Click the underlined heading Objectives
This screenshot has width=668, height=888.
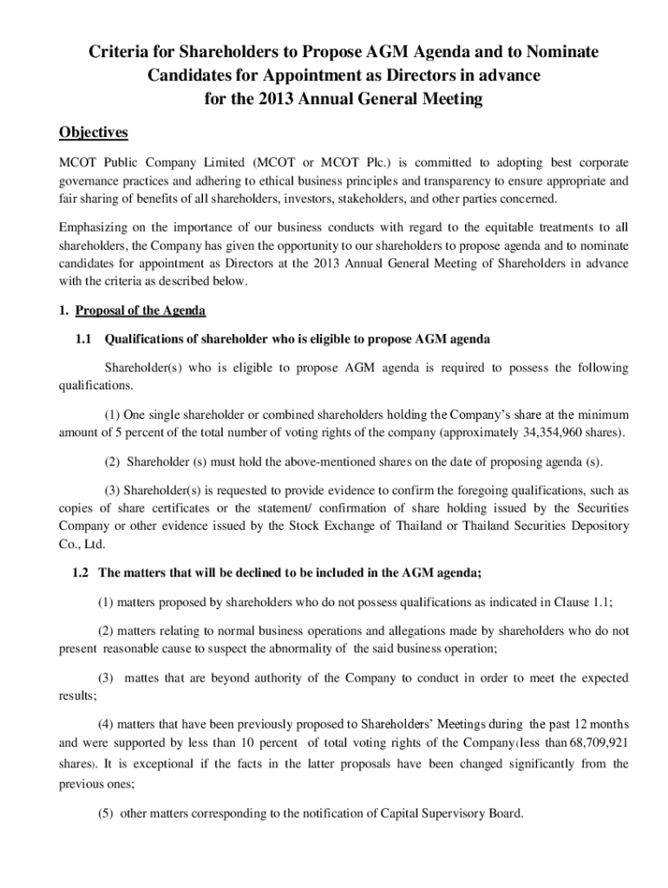point(93,133)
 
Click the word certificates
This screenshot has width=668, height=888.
point(170,508)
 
